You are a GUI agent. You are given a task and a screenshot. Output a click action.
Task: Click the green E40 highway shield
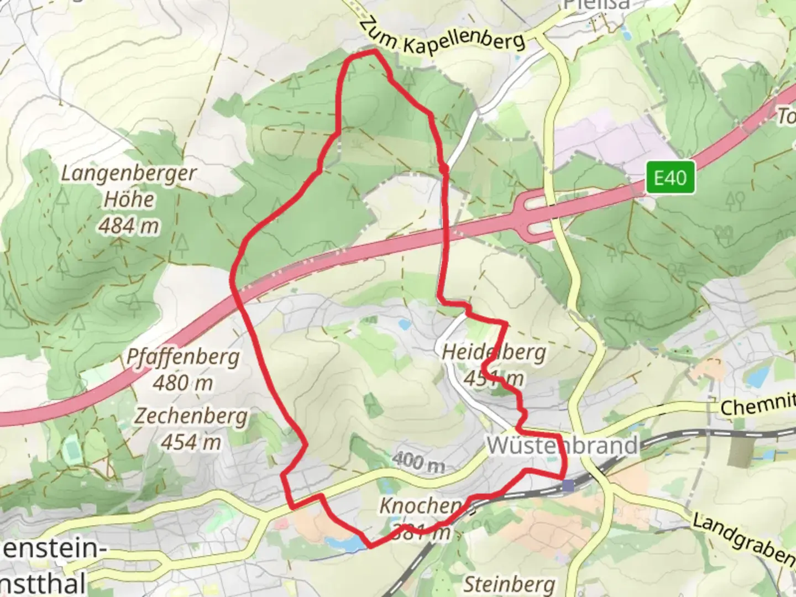(670, 178)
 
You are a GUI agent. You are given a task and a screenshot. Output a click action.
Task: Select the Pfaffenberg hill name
(183, 357)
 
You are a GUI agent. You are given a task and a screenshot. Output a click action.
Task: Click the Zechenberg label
(191, 416)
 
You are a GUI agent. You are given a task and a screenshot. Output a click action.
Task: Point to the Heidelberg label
(494, 352)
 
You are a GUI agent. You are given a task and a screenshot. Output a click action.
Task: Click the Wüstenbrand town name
(562, 446)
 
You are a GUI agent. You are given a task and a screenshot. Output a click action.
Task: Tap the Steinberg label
(509, 583)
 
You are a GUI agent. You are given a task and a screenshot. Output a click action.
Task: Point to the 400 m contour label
(418, 462)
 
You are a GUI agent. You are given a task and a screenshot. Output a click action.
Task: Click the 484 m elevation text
(129, 225)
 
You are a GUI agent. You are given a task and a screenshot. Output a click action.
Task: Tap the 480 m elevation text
(182, 383)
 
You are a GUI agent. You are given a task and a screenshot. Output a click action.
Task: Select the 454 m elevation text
(191, 442)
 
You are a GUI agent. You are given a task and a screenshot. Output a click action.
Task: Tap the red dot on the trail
(443, 167)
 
